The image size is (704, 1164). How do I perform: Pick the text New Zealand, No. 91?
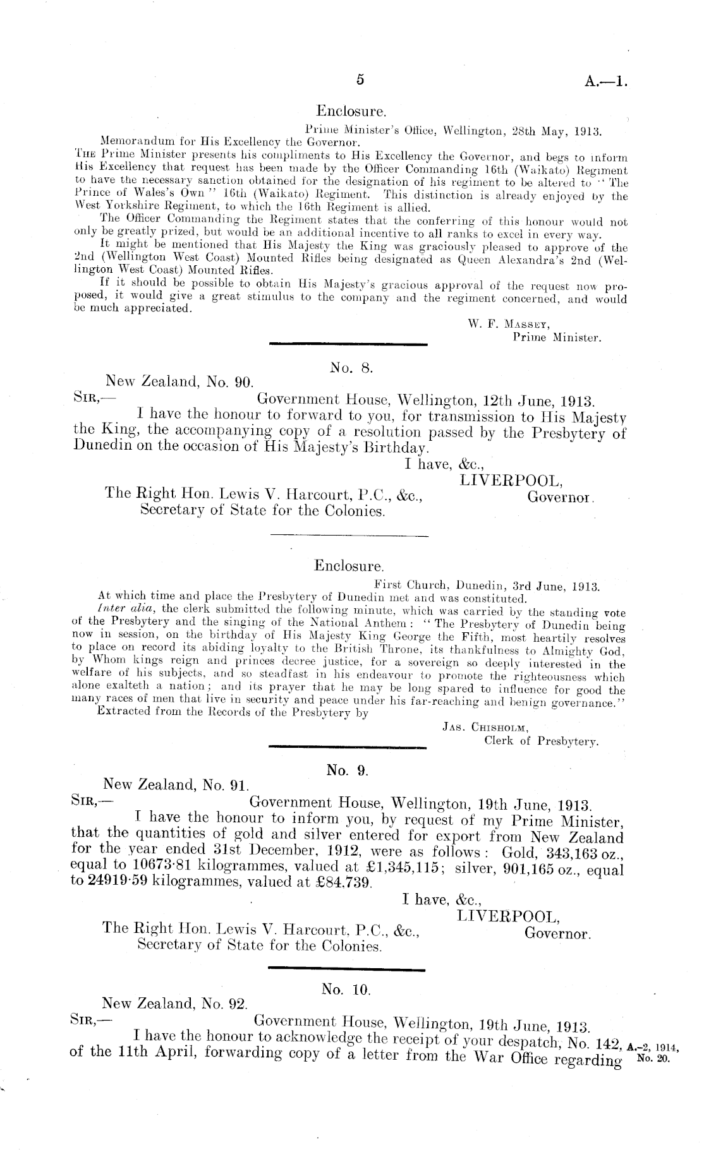176,785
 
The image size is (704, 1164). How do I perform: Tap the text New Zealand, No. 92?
175,1004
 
